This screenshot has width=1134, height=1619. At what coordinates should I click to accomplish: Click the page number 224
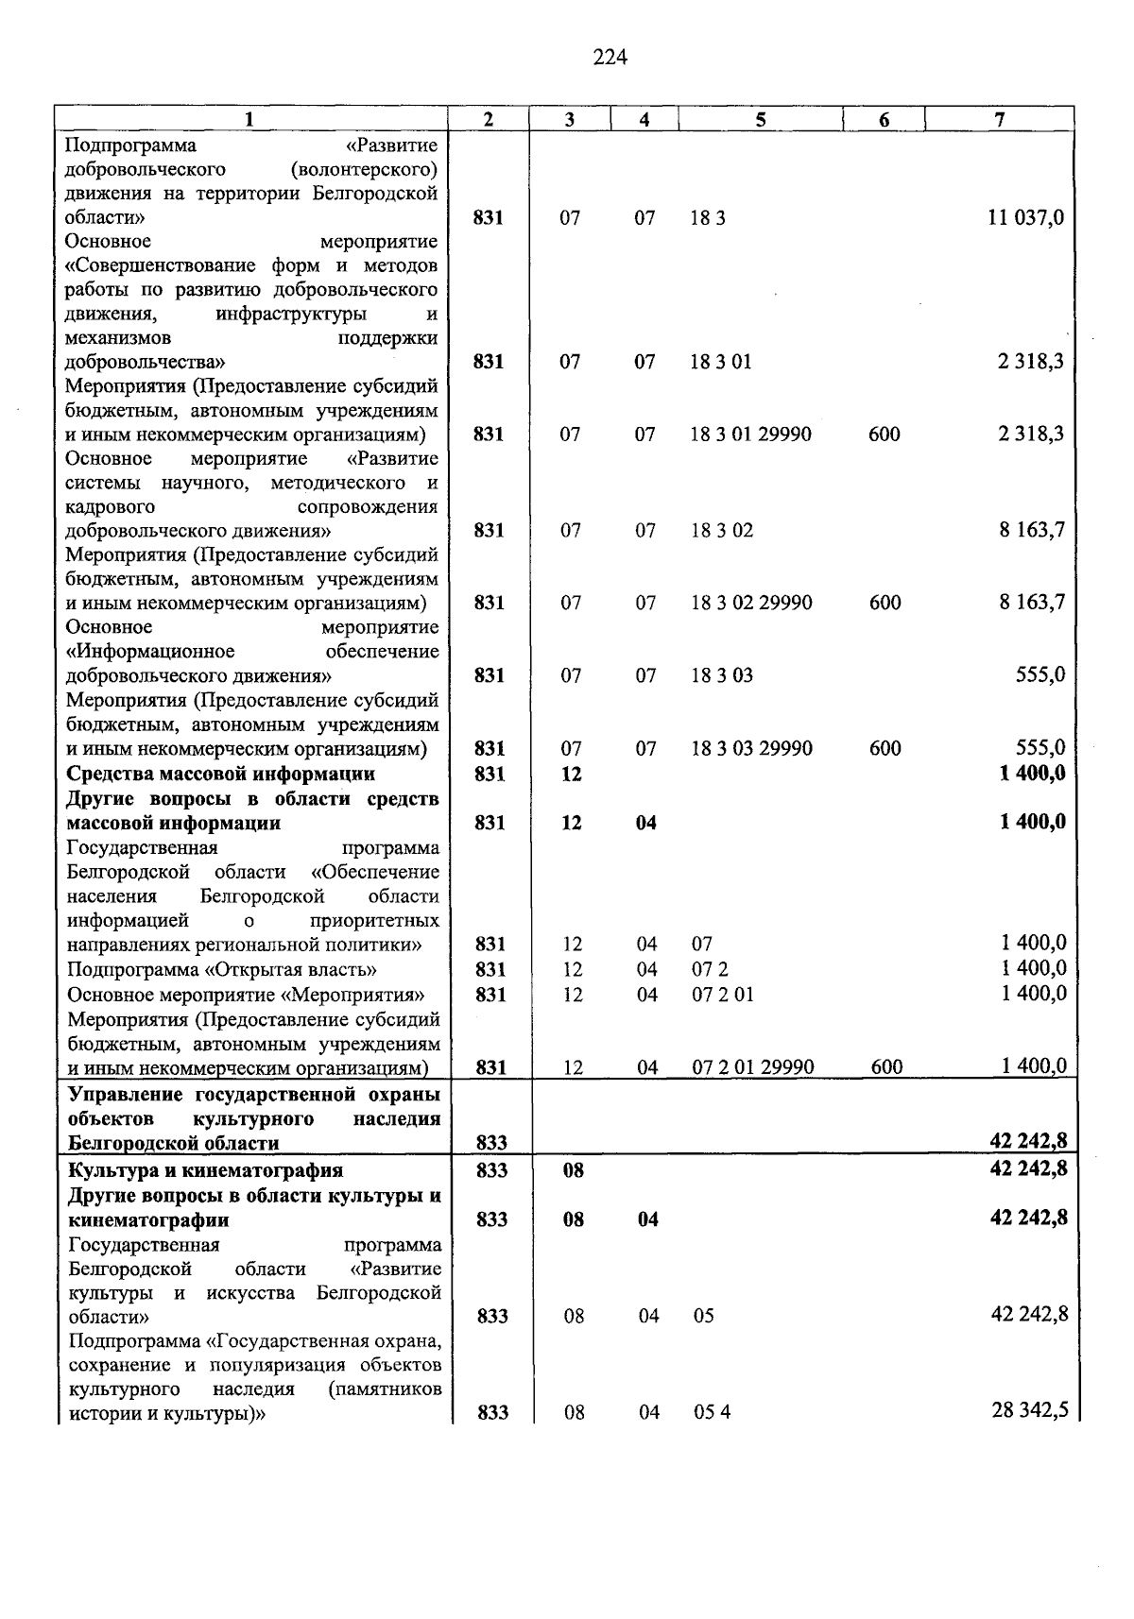point(610,58)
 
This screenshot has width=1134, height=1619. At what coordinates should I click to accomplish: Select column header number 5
point(760,119)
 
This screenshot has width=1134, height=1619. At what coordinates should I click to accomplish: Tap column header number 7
point(1000,119)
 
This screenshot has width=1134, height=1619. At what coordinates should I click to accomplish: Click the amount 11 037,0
point(1025,218)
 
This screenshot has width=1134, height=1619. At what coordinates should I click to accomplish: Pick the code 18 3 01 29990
point(750,435)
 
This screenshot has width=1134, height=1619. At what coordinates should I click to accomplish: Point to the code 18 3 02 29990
point(751,603)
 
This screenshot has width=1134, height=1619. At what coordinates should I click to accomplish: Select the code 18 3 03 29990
point(751,748)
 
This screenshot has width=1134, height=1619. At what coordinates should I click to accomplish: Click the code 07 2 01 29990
point(752,1067)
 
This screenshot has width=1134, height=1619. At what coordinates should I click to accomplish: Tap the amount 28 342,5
point(1029,1411)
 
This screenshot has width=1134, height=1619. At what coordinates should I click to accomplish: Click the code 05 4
point(712,1412)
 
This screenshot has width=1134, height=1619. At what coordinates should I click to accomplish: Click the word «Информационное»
point(151,652)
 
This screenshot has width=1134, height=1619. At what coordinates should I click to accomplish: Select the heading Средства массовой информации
point(220,774)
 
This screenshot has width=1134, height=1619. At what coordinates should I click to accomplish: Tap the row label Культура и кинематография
point(205,1171)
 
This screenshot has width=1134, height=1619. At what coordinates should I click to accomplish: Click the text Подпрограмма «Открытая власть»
point(222,969)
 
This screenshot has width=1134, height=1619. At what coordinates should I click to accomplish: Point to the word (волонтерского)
point(366,170)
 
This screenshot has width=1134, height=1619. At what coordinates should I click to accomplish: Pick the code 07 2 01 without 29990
point(723,995)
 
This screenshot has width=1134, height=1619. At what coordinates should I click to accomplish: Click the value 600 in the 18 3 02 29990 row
point(885,603)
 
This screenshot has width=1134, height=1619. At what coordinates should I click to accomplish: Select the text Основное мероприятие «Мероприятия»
point(246,995)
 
